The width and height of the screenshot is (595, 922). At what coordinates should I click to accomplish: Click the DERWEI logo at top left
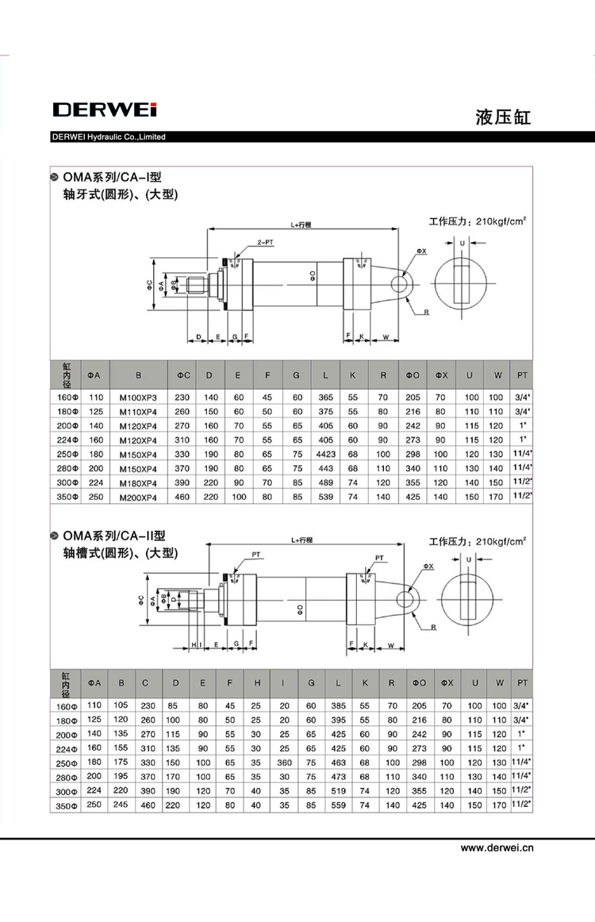click(105, 109)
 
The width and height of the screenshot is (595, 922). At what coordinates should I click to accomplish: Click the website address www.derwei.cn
click(497, 847)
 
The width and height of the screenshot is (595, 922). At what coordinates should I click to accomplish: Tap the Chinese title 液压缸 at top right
click(503, 117)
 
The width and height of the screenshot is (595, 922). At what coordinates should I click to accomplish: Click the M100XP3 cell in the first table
click(139, 398)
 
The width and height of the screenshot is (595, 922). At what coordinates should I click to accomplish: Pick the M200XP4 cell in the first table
click(139, 497)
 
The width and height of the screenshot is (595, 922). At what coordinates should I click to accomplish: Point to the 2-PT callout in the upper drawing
click(265, 241)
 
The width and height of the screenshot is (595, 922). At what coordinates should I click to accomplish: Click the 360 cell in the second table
click(285, 762)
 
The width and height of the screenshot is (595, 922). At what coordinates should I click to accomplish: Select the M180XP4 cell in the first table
click(139, 483)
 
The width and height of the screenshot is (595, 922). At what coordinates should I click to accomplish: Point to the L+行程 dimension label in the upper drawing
click(301, 225)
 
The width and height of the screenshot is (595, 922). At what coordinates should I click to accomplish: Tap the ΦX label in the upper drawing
click(420, 251)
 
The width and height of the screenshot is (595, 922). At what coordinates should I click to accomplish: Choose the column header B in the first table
click(139, 375)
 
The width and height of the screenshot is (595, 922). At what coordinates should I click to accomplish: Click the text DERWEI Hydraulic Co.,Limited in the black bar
click(108, 137)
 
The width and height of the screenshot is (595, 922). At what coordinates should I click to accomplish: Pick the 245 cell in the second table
click(121, 805)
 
